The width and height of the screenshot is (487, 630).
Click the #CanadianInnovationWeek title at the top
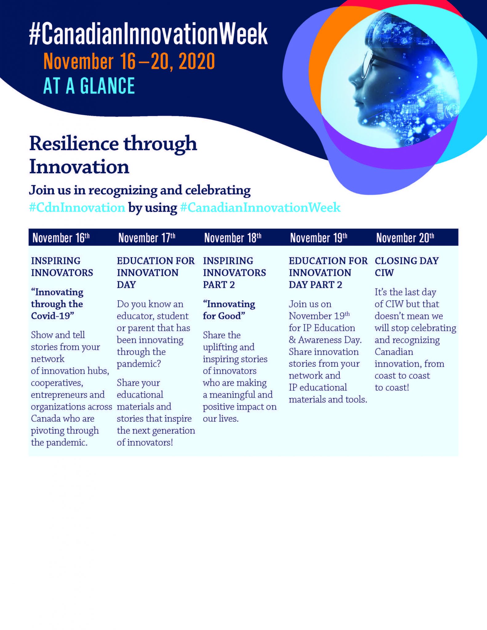148,34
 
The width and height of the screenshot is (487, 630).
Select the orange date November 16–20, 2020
129,62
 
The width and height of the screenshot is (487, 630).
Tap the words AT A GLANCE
89,86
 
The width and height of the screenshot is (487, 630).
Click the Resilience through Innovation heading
113,155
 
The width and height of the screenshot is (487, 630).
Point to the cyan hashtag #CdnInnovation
77,208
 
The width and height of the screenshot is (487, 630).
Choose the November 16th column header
61,238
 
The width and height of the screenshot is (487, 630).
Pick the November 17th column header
147,238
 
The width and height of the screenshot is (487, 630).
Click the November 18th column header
233,238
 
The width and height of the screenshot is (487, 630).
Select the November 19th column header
318,238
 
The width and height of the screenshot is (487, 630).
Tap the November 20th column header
405,238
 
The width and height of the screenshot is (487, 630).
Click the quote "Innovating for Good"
229,310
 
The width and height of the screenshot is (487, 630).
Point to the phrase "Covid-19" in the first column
52,316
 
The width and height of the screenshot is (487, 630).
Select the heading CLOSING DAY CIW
406,266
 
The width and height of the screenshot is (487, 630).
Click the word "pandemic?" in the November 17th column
139,364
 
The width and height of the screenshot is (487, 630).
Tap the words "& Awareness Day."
325,340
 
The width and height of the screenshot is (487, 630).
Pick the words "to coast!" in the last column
392,388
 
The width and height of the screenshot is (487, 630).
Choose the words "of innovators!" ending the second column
145,442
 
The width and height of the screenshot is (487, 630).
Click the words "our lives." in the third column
221,419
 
